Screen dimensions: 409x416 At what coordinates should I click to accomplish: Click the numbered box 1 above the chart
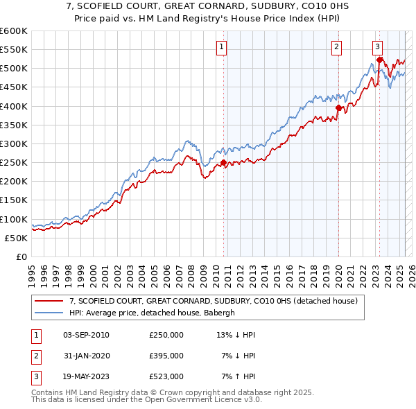[x=221, y=47]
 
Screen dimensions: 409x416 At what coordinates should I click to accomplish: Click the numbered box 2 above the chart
[x=336, y=47]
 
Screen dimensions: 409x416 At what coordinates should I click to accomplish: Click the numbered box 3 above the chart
[x=377, y=47]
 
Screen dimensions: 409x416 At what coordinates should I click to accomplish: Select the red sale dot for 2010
[x=223, y=163]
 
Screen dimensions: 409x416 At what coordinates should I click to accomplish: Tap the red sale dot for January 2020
[x=338, y=108]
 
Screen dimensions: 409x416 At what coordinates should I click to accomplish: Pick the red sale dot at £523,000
[x=379, y=60]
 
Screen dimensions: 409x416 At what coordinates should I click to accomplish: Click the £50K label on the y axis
[x=16, y=238]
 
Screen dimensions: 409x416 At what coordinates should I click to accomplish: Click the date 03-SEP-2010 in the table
[x=86, y=336]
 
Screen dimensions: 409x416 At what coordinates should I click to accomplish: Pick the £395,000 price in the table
[x=166, y=356]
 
